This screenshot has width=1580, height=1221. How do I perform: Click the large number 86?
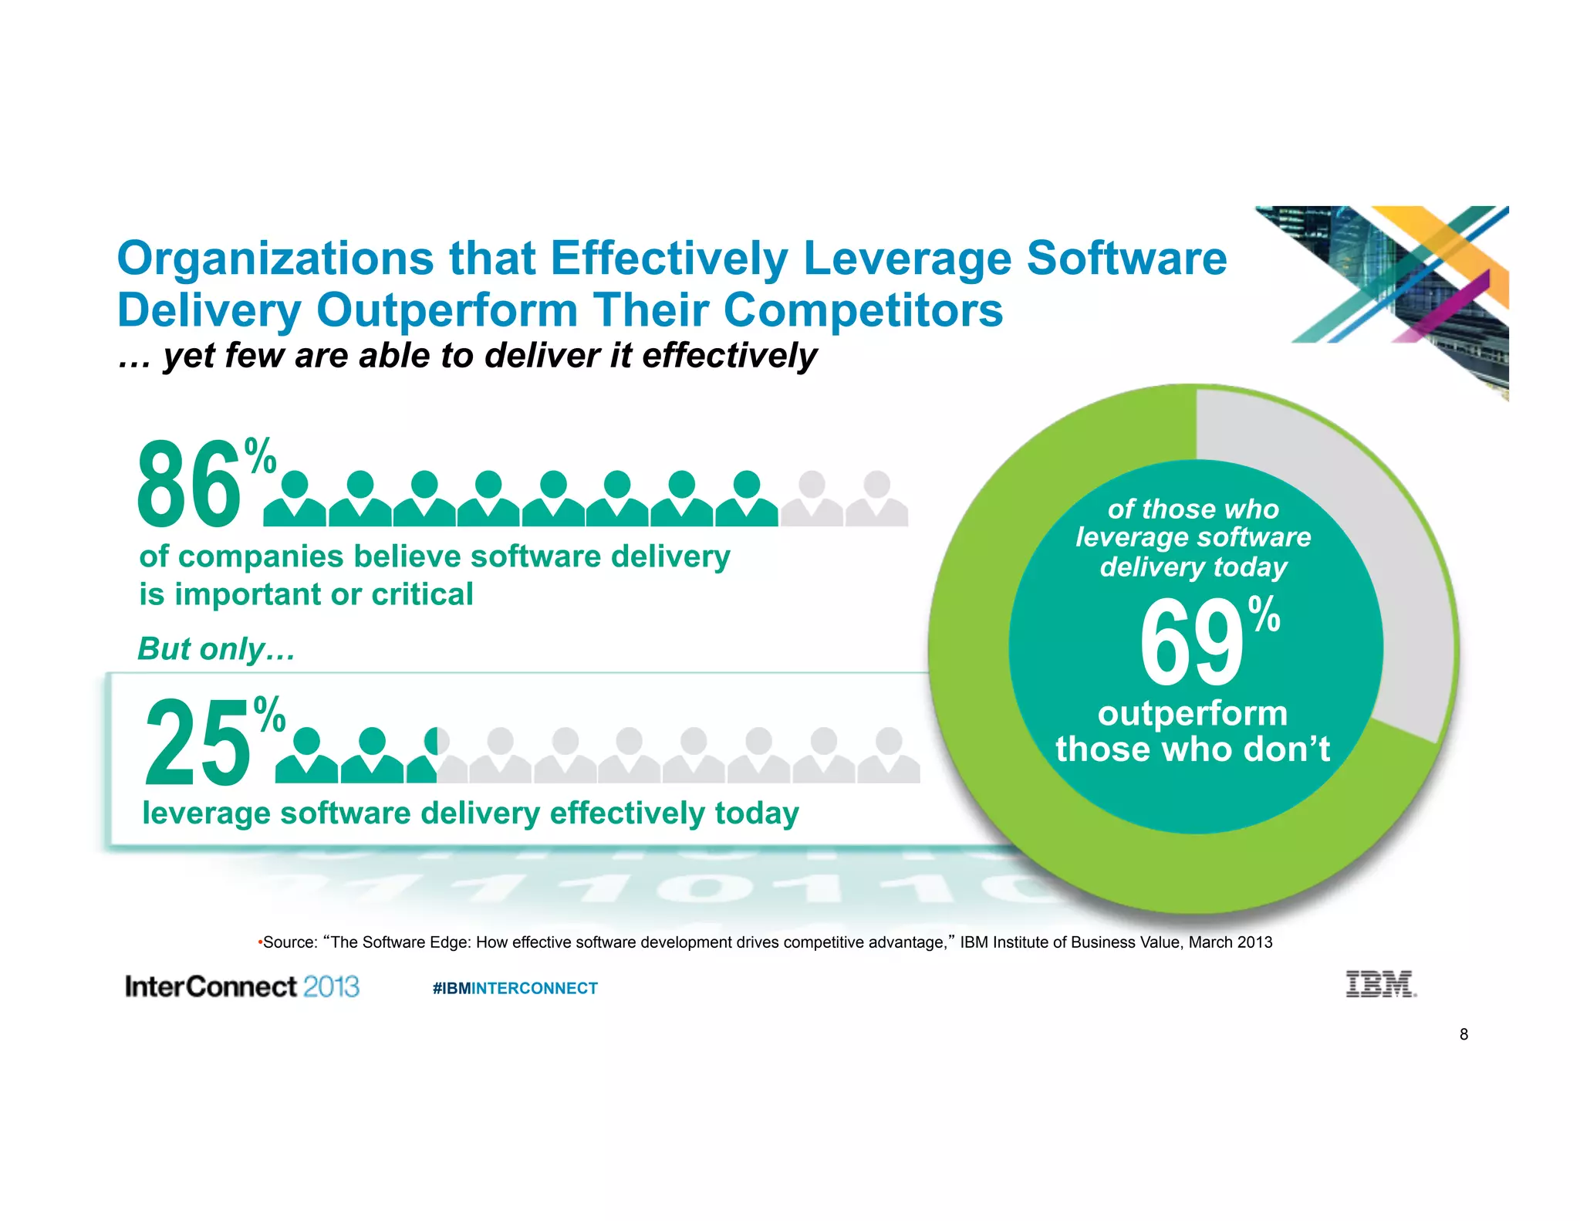[189, 485]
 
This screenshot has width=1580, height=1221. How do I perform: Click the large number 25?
[198, 742]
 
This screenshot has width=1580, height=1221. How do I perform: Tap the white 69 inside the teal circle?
[1190, 643]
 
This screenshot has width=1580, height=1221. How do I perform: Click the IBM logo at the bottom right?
[1380, 985]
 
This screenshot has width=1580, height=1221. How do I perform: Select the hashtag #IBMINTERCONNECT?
[515, 988]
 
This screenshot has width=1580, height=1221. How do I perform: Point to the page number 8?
[1464, 1034]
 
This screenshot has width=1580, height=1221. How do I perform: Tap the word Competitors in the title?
[863, 310]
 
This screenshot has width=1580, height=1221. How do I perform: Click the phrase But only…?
[216, 649]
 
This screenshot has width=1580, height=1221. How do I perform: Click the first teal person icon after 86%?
[295, 500]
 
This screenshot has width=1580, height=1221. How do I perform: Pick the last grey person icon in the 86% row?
[876, 500]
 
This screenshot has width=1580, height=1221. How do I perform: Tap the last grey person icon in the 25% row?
[889, 756]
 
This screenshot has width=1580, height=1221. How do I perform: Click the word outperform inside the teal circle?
[1193, 713]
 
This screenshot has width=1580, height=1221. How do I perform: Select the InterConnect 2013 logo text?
[241, 986]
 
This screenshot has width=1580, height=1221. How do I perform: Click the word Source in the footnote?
[290, 942]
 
